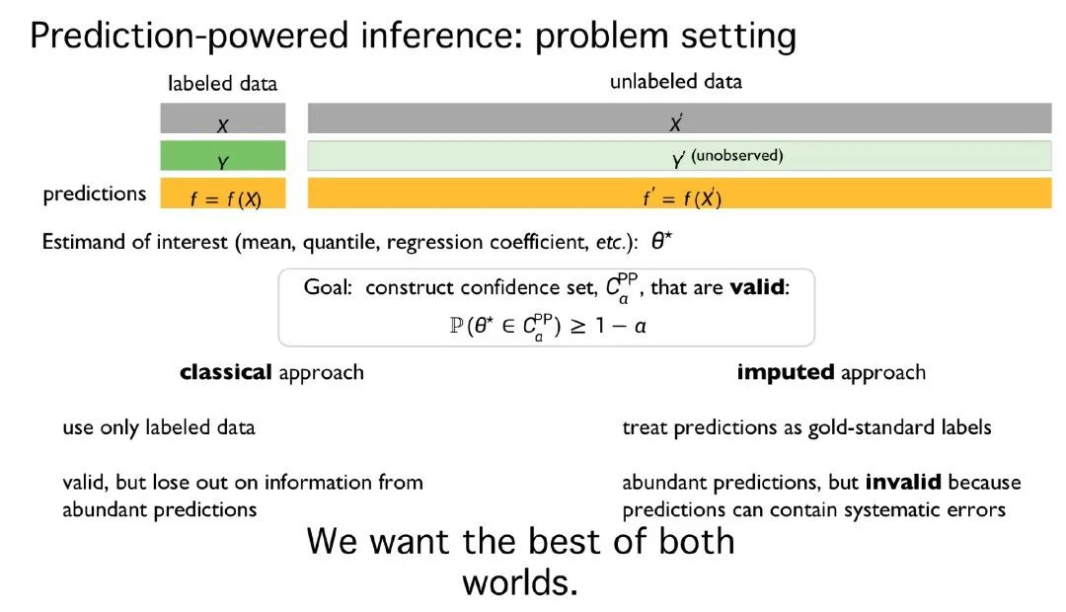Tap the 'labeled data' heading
tap(222, 84)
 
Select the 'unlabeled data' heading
tap(676, 82)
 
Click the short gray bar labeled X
tap(223, 118)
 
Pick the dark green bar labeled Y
tap(223, 155)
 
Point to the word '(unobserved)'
tap(737, 156)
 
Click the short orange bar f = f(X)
tap(223, 193)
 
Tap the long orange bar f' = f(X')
tap(680, 193)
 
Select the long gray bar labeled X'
tap(680, 118)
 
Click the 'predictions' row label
tap(95, 193)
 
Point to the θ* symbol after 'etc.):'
tap(661, 242)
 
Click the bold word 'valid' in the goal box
tap(757, 287)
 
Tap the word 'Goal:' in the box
tap(328, 287)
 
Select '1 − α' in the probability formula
tap(621, 327)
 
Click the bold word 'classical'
tap(226, 372)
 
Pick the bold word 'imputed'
tap(786, 373)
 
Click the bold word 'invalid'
tap(903, 482)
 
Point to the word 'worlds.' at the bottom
tap(520, 582)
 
